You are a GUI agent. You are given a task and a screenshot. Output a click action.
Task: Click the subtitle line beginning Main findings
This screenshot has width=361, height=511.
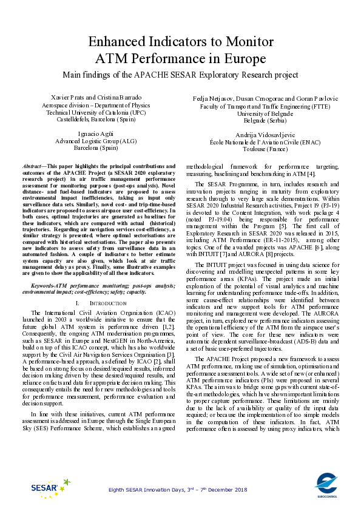point(180,75)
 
